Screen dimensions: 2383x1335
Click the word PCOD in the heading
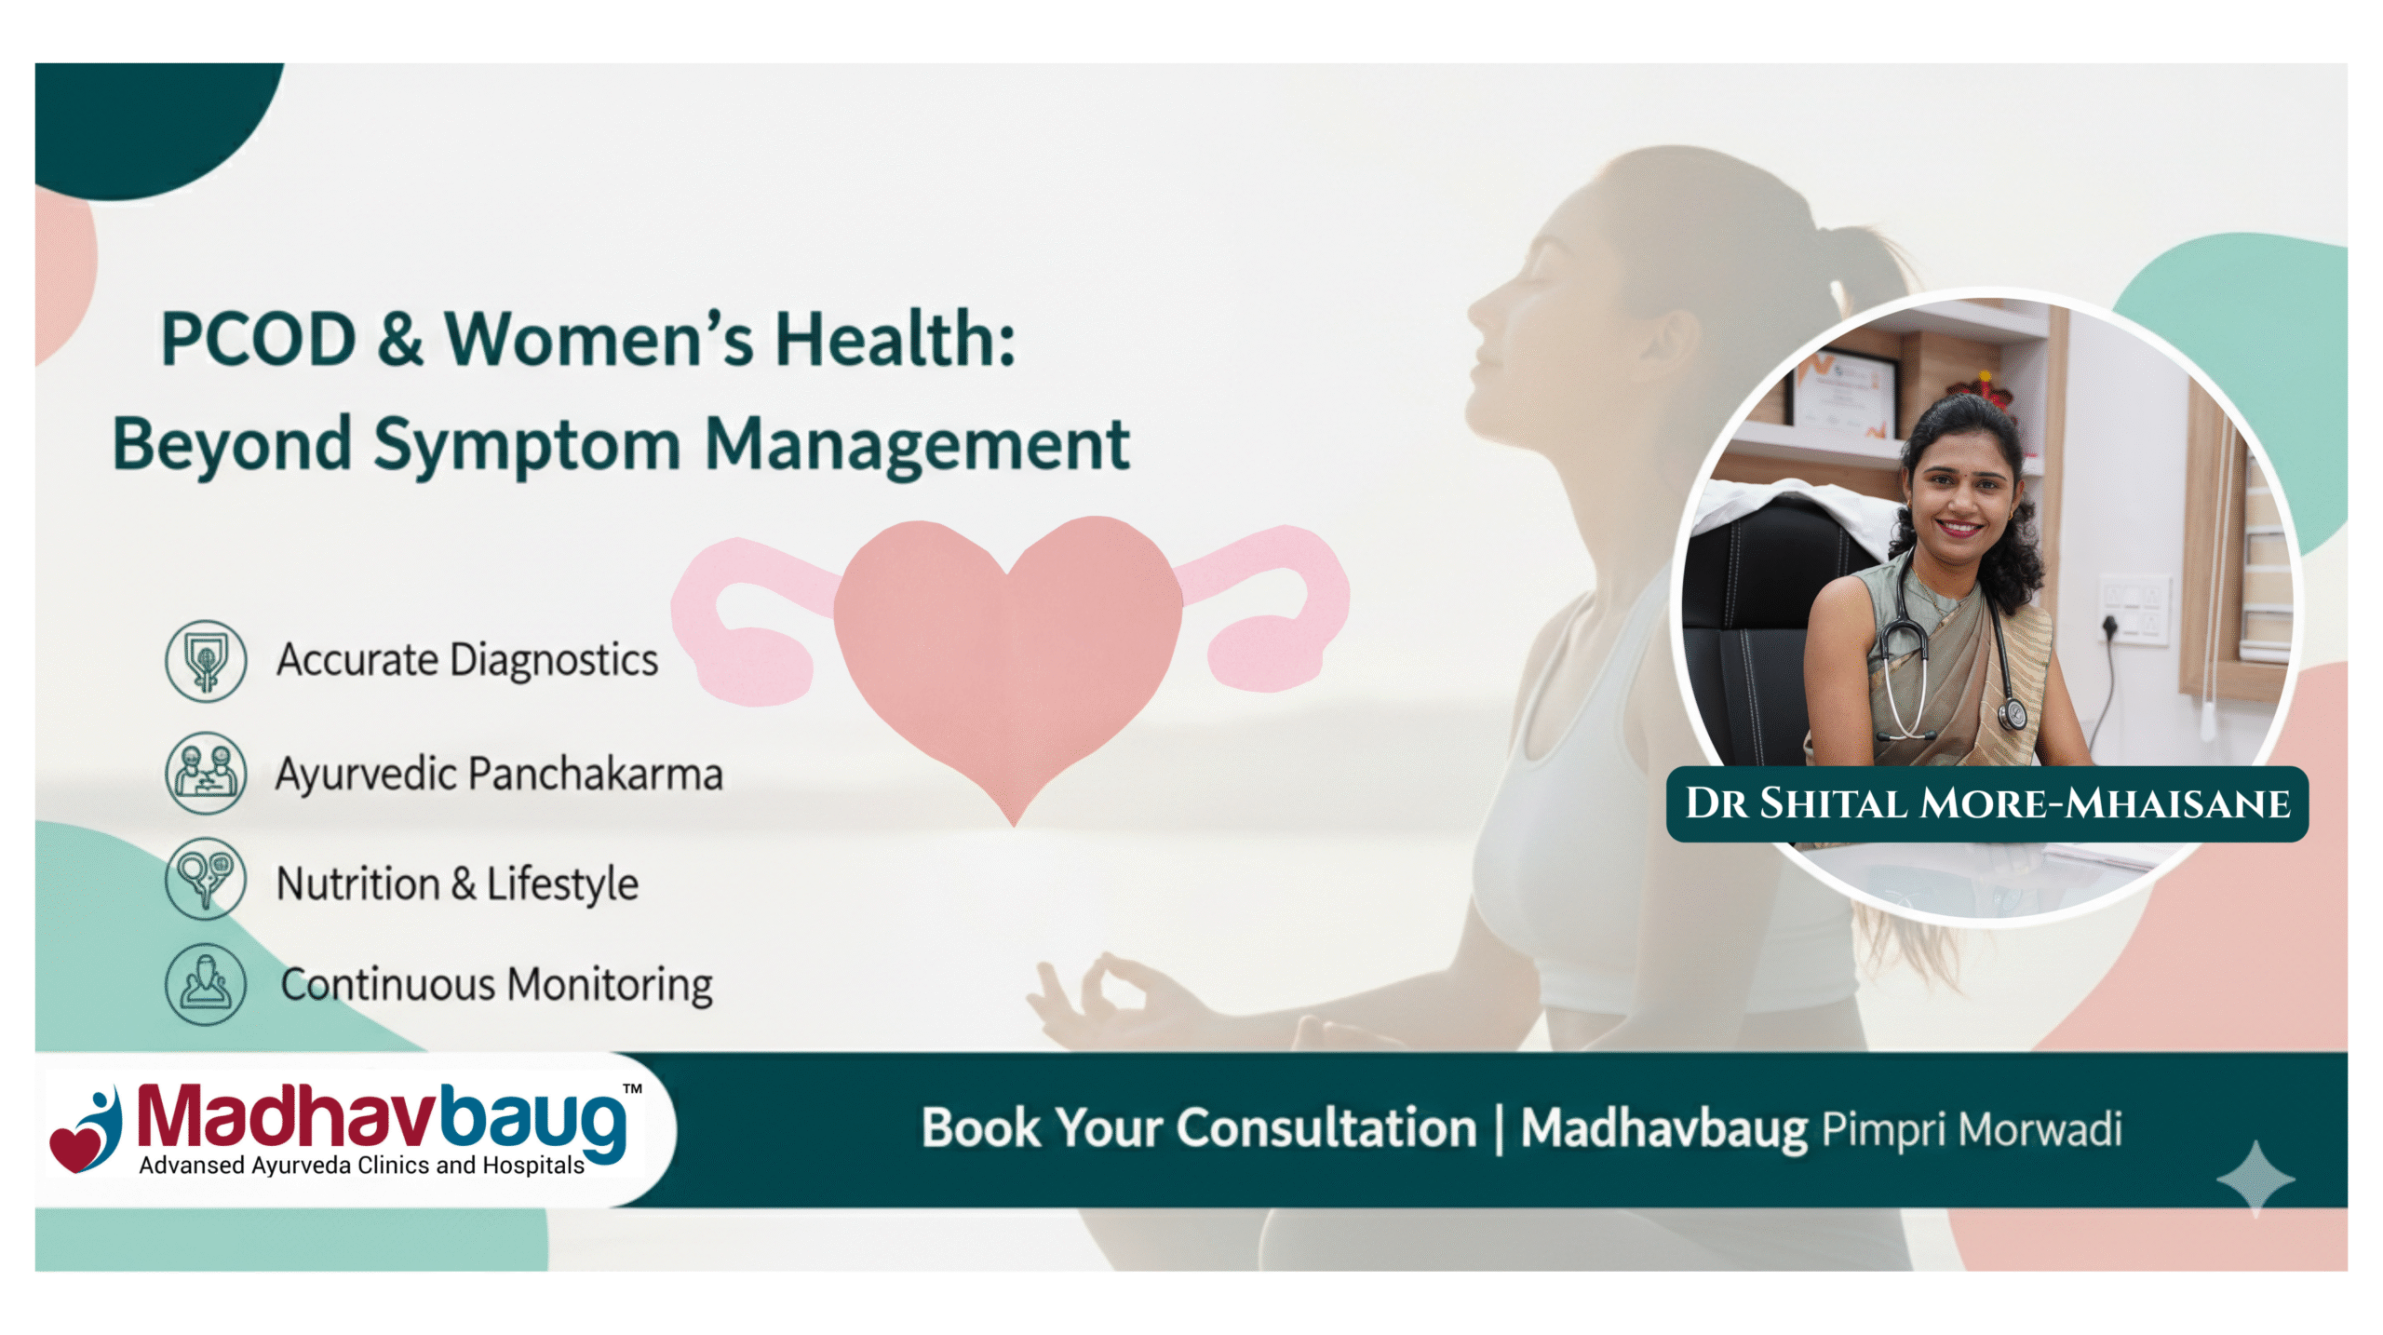tap(258, 339)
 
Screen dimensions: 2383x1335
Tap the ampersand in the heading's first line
tap(399, 339)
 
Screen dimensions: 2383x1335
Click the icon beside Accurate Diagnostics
tap(206, 661)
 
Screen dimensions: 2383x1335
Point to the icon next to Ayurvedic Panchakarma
tap(206, 773)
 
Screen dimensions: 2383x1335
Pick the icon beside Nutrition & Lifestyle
tap(206, 879)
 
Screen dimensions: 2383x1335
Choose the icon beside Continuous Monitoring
tap(206, 984)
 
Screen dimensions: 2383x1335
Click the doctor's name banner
tap(1987, 804)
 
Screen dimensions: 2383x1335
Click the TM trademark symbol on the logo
tap(632, 1088)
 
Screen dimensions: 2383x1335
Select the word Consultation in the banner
tap(1326, 1129)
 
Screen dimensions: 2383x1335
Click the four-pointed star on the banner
tap(2255, 1179)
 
